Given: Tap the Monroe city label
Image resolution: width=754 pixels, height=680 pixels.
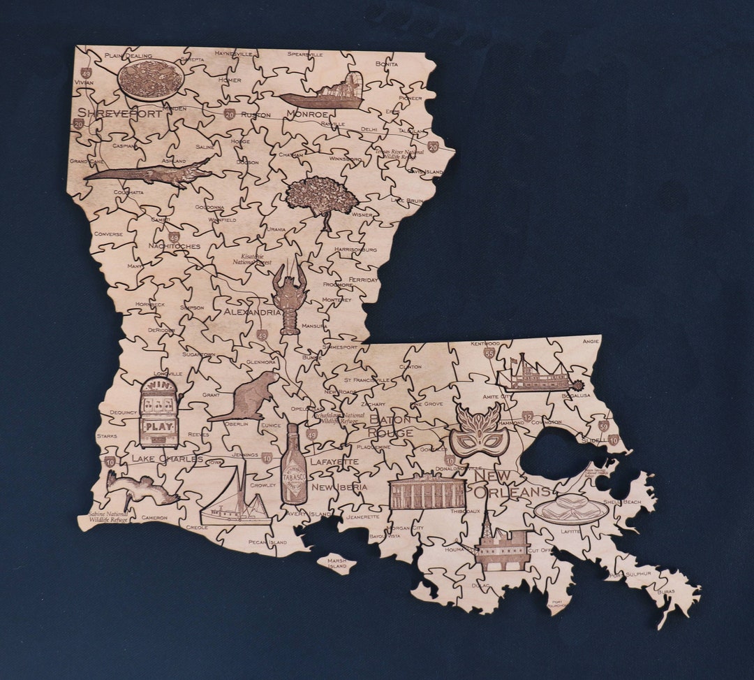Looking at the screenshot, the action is [306, 115].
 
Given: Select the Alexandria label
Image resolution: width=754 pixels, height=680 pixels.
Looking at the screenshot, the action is [252, 312].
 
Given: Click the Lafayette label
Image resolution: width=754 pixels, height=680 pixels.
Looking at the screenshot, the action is [334, 462].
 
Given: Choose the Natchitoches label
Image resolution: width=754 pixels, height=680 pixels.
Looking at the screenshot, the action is [174, 247].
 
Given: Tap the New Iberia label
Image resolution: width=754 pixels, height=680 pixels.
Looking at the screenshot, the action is [339, 487].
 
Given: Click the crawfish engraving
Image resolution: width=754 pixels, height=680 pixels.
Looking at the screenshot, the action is [289, 297].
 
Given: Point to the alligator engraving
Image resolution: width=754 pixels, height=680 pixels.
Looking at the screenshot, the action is [149, 173].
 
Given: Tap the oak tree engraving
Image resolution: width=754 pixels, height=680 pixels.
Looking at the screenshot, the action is [322, 197].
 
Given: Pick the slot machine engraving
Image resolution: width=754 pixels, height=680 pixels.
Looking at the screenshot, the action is [158, 412].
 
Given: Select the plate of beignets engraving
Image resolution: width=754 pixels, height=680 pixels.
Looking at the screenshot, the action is [571, 509].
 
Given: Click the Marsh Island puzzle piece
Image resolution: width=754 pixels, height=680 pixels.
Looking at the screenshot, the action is [337, 563].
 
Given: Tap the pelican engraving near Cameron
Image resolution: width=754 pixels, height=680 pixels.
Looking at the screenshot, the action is [140, 488].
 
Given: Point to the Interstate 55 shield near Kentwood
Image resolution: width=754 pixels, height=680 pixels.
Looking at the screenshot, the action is [489, 354].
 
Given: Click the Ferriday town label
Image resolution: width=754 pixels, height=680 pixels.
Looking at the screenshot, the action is [363, 280].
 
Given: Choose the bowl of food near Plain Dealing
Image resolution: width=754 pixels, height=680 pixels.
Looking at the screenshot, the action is [151, 80].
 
